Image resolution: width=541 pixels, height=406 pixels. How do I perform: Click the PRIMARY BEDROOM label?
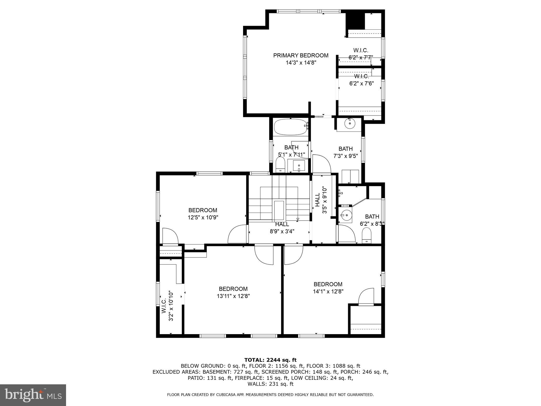click(301, 56)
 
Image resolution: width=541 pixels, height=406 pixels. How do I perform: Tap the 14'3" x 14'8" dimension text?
click(301, 63)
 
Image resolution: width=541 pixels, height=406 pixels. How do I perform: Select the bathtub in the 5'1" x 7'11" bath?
click(291, 127)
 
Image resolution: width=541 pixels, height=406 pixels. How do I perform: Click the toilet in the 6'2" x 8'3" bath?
click(366, 236)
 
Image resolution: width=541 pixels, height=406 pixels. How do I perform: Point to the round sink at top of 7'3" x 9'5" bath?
click(349, 123)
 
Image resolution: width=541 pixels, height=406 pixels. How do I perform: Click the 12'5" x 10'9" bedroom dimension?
click(203, 218)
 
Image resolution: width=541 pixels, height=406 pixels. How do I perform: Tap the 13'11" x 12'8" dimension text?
click(233, 296)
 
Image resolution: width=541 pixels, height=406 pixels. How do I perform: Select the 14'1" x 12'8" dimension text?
click(328, 292)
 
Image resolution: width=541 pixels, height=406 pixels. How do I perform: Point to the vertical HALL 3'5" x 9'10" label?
click(321, 200)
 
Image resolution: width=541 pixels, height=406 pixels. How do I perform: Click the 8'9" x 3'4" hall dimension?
click(282, 231)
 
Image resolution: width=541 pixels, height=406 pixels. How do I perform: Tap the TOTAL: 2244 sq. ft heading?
click(270, 360)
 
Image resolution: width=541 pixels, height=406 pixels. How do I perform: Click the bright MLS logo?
click(33, 395)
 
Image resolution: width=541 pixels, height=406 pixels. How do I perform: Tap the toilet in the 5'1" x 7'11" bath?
click(280, 164)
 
